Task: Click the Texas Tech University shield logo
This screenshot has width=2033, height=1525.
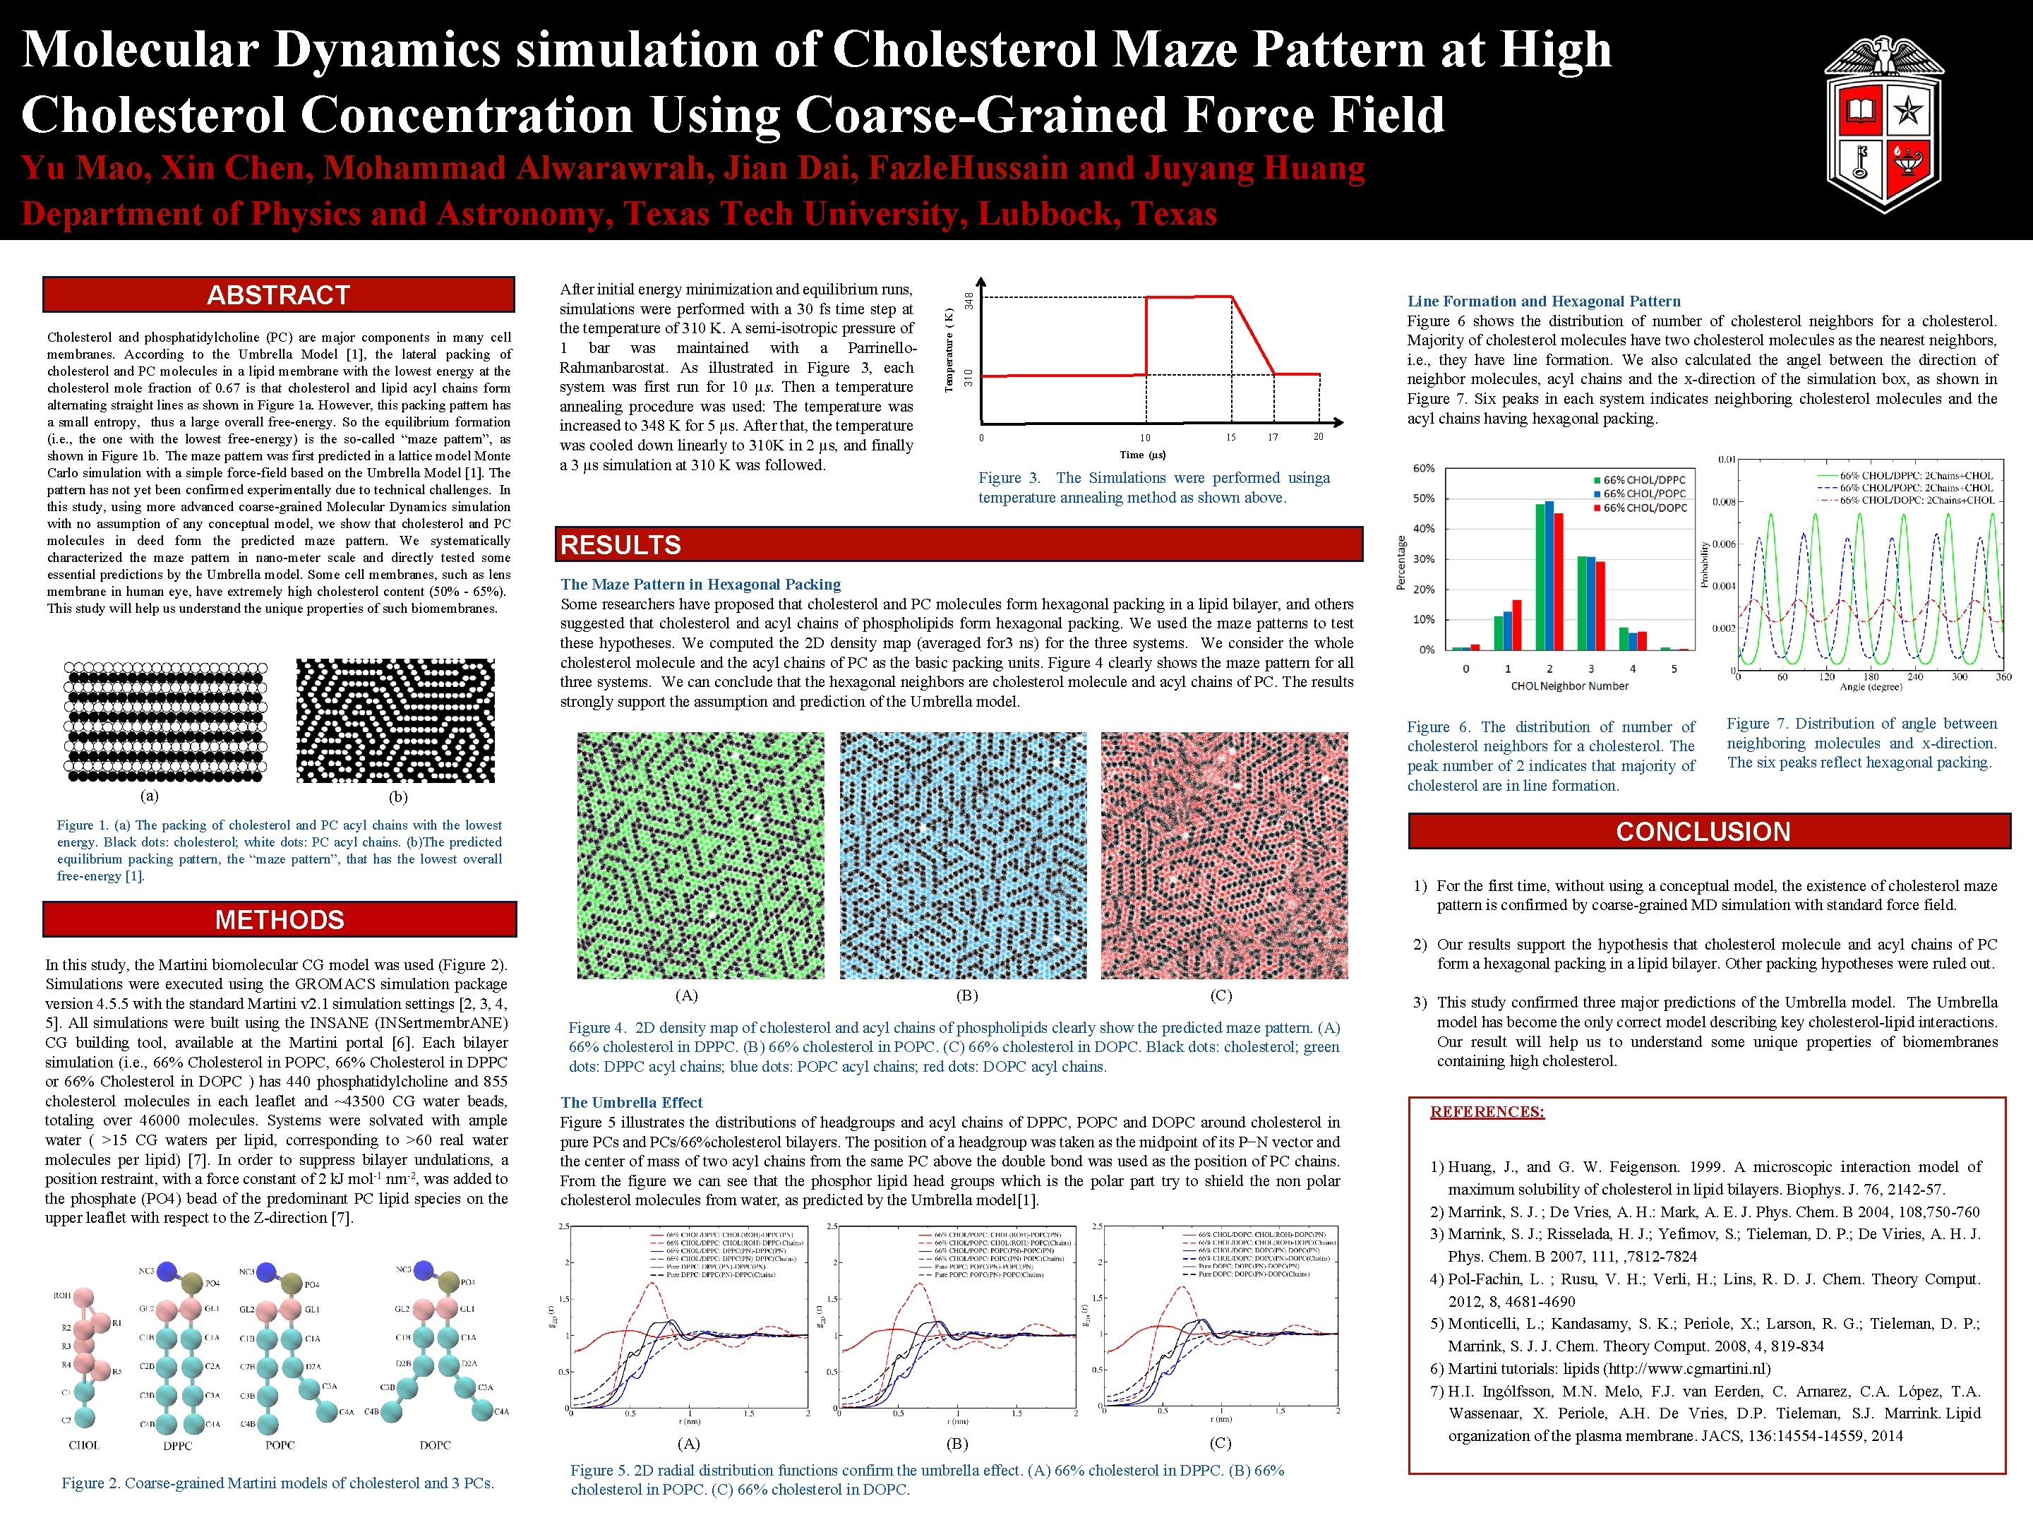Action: [1883, 124]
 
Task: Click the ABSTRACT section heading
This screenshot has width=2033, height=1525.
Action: [279, 295]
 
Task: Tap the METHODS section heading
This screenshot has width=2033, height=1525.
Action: [280, 919]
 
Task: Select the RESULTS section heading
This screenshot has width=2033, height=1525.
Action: [620, 545]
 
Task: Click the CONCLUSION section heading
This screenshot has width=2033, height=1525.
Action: [1703, 831]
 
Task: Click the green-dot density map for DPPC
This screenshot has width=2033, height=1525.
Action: [700, 855]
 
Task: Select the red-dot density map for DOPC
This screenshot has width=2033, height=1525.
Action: [1224, 855]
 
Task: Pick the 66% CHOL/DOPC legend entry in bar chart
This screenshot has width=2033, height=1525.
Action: [1645, 508]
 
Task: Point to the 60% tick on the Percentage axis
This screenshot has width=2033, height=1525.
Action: [1424, 468]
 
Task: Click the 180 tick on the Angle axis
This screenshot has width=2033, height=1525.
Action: [1871, 676]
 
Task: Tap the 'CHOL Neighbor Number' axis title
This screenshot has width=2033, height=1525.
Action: [1570, 686]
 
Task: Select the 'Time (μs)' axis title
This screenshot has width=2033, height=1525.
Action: [1144, 454]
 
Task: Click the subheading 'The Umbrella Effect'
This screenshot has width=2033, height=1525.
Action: [631, 1102]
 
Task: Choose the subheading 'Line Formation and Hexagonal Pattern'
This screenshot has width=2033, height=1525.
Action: [1544, 301]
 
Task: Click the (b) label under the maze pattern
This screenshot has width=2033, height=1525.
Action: [398, 797]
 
